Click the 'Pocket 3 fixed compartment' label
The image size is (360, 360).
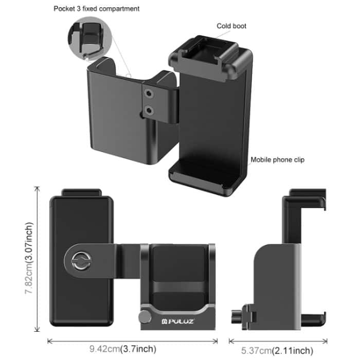(96, 9)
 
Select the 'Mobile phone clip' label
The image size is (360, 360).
(277, 159)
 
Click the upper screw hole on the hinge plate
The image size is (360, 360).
(150, 94)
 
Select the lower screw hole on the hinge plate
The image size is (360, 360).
(150, 110)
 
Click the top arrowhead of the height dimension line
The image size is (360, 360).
(38, 188)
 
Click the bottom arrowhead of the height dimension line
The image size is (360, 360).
(38, 331)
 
